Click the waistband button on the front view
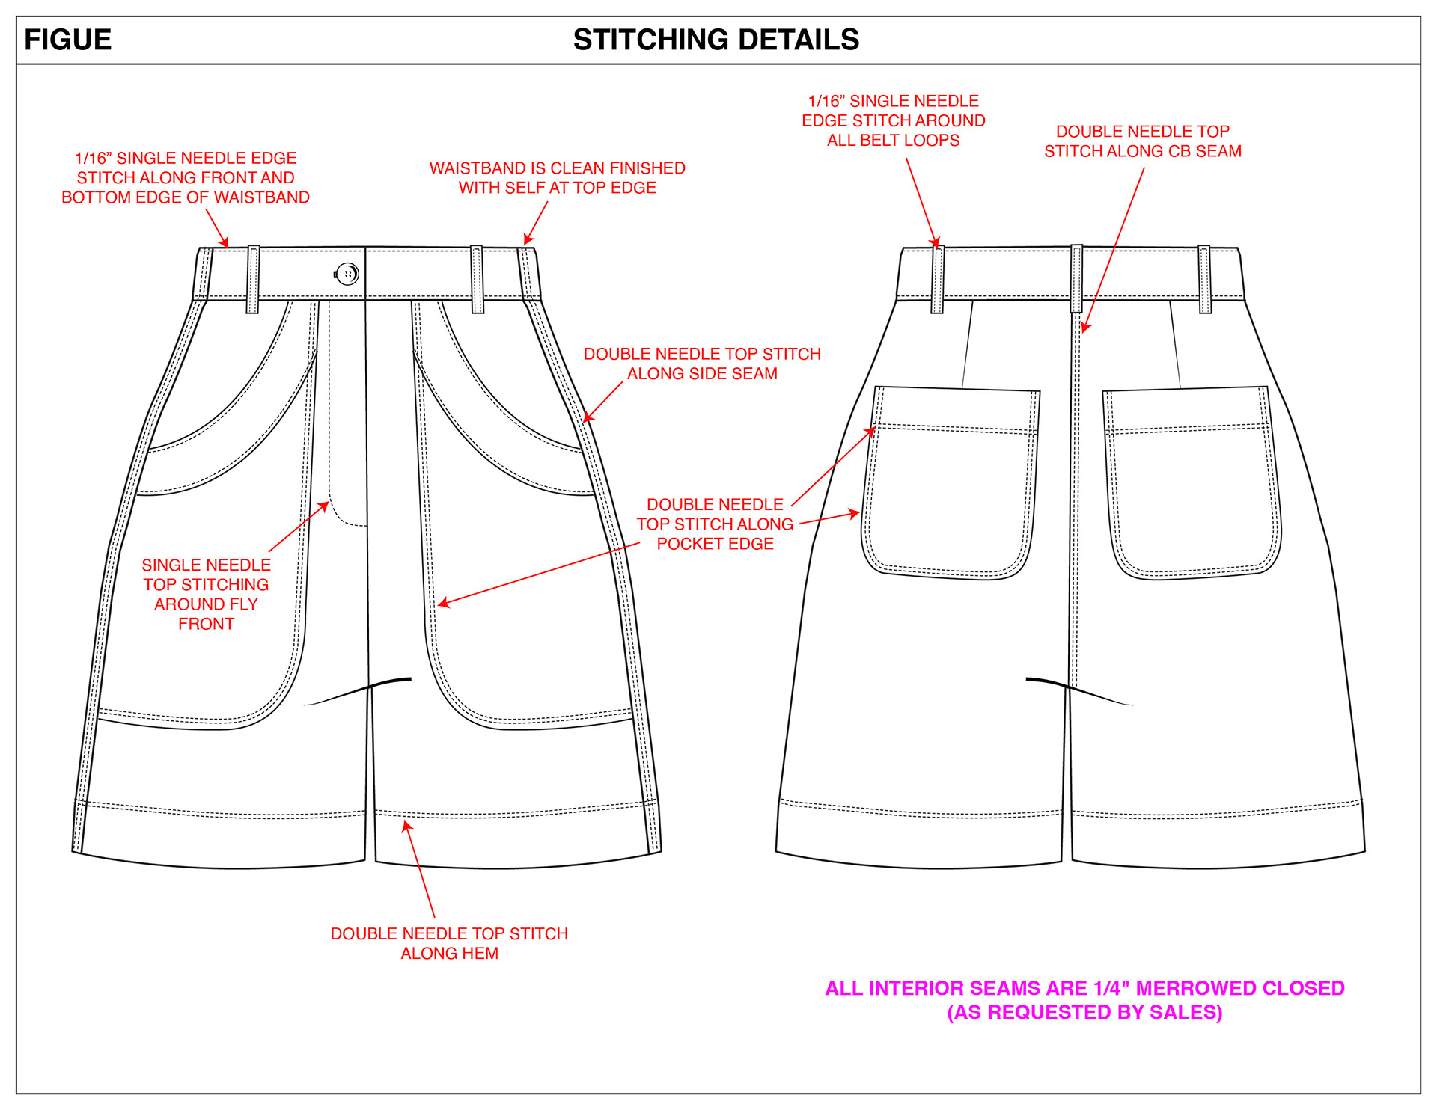(347, 274)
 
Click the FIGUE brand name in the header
(67, 40)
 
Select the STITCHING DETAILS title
(716, 40)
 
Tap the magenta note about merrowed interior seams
(1084, 1000)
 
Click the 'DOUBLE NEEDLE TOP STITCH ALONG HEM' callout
(449, 943)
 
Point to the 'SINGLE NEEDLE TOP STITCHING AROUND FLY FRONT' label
(206, 594)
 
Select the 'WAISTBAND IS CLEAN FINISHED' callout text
(557, 178)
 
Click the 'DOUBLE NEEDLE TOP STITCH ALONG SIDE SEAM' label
(702, 364)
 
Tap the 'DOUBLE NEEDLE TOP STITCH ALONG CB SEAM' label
(1143, 141)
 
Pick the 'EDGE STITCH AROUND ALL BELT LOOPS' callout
(893, 120)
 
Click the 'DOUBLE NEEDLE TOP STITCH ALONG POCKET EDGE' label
(715, 524)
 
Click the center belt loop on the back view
(1076, 277)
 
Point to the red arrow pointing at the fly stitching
(299, 527)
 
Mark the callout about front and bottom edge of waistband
(186, 178)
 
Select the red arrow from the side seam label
(602, 402)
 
